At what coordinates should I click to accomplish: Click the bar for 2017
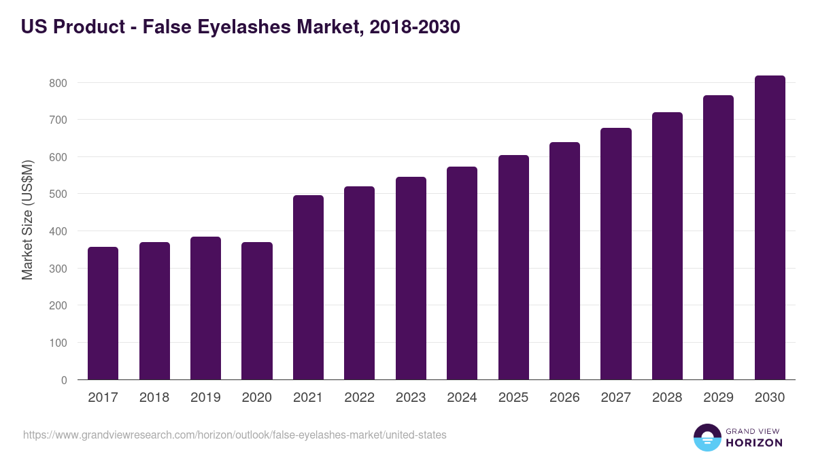point(103,313)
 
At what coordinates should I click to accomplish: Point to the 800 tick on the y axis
point(58,83)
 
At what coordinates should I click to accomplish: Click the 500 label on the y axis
point(58,194)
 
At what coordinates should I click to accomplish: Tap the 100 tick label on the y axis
point(58,343)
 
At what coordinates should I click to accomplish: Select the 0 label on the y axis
point(64,380)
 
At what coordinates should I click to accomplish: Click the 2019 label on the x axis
point(205,398)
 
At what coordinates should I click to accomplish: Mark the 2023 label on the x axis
point(411,398)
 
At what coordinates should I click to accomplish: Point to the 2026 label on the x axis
point(564,398)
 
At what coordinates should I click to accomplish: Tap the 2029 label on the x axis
point(718,398)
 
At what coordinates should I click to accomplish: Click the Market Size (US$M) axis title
point(27,219)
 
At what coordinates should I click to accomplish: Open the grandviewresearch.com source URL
point(235,435)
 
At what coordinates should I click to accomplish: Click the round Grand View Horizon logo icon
point(707,437)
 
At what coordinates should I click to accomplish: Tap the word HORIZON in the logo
point(754,443)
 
